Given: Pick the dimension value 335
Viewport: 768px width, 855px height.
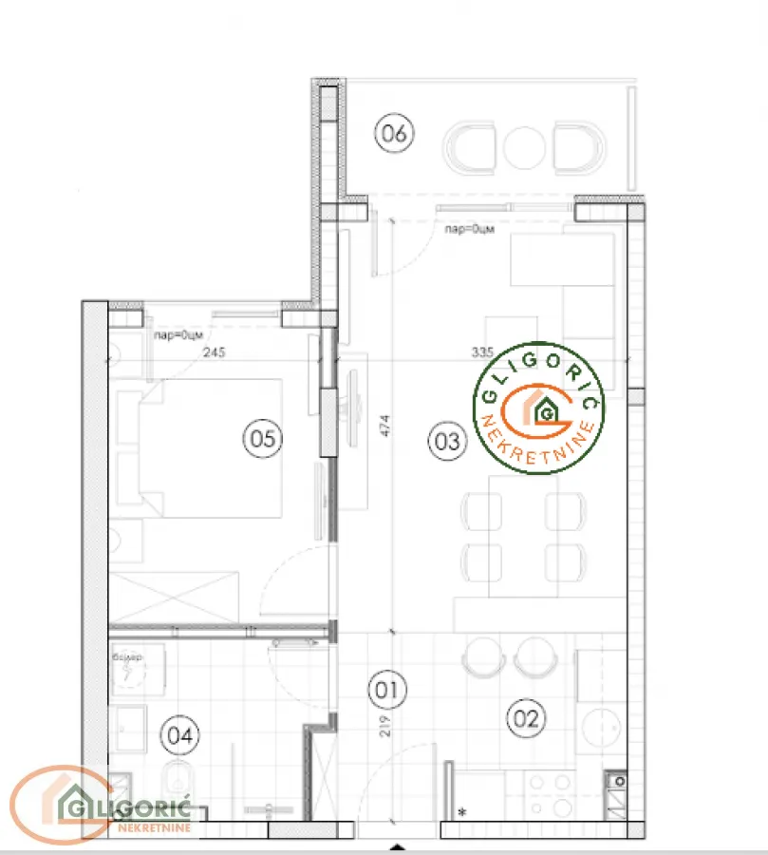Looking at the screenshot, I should click(x=481, y=351).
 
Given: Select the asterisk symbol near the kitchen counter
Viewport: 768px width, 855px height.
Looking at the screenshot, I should click(x=462, y=812).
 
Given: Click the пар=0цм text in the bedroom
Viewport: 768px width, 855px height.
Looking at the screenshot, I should click(x=177, y=333).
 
